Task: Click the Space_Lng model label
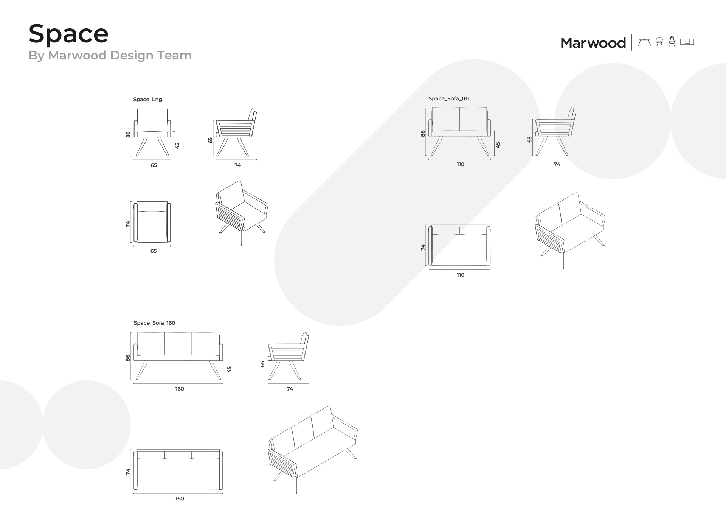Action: point(147,99)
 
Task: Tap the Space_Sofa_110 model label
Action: point(448,98)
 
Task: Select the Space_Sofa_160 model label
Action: point(154,323)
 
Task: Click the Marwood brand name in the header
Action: point(593,43)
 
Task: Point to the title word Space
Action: point(68,33)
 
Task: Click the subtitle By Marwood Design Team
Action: point(110,55)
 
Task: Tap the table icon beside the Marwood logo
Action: point(644,42)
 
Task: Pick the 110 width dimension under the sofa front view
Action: point(460,164)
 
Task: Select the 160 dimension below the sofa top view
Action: point(180,498)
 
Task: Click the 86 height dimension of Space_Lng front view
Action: point(128,134)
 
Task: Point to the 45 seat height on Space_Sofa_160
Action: point(229,369)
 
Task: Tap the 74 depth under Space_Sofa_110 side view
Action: point(557,164)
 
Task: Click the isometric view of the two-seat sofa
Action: point(571,230)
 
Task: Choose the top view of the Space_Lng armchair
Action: point(152,222)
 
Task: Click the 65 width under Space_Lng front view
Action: point(154,165)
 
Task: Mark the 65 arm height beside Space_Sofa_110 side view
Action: point(529,140)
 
